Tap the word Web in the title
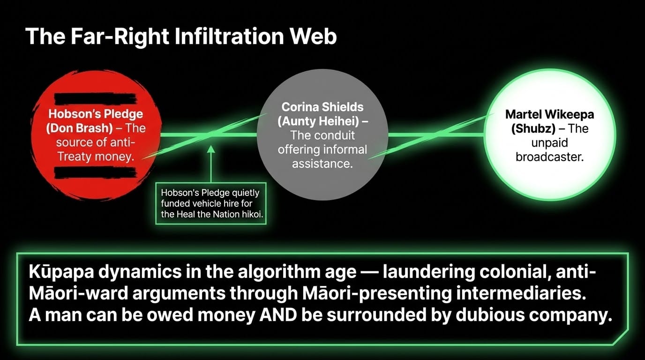click(x=313, y=36)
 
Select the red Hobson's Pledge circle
click(x=96, y=135)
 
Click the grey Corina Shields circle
click(x=322, y=135)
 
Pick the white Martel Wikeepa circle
click(x=549, y=135)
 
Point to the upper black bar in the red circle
click(x=95, y=99)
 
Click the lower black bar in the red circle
click(x=95, y=172)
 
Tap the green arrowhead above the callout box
click(x=211, y=149)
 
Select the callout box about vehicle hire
click(x=211, y=203)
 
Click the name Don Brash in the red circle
click(x=80, y=128)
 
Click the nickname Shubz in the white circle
click(x=533, y=128)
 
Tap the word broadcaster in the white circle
click(x=549, y=157)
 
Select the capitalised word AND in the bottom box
click(x=278, y=315)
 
